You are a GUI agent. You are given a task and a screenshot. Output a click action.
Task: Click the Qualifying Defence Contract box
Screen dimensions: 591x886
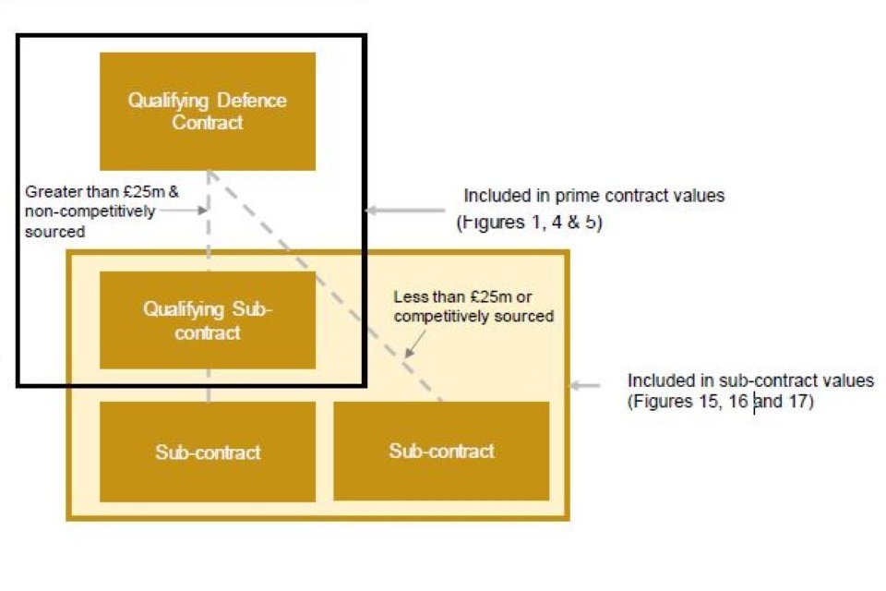tap(208, 111)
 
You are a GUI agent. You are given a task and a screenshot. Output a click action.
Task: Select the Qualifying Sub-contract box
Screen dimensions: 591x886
tap(208, 320)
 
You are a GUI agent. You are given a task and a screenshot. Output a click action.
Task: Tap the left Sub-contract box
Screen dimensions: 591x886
tap(208, 452)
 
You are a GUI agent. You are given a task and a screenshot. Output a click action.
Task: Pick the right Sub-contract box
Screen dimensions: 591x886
tap(441, 452)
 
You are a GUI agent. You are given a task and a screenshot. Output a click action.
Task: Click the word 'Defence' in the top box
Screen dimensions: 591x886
tap(251, 101)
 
